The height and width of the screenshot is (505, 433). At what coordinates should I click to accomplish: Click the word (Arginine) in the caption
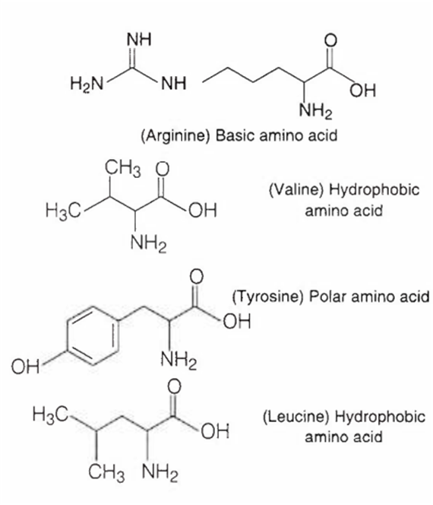tap(175, 135)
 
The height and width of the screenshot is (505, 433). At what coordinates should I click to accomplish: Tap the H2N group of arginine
tap(87, 84)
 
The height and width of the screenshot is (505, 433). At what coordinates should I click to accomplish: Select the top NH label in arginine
tap(139, 40)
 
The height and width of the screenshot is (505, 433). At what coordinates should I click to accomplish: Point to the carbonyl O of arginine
tap(330, 40)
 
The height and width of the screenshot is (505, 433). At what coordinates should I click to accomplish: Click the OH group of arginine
tap(362, 91)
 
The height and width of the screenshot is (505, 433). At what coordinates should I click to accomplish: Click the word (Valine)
tap(296, 189)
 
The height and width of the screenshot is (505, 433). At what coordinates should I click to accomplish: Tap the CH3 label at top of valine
tap(123, 169)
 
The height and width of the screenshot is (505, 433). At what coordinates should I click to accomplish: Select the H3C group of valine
tap(63, 211)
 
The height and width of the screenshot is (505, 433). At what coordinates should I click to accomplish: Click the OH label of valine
tap(203, 211)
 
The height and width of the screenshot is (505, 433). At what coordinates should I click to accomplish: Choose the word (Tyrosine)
tap(267, 297)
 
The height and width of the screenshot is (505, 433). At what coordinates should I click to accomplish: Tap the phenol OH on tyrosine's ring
tap(25, 367)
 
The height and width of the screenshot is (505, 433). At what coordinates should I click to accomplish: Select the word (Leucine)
tap(296, 417)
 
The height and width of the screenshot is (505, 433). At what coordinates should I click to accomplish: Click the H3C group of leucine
tap(49, 414)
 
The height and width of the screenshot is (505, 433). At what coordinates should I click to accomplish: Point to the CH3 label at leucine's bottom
tap(107, 473)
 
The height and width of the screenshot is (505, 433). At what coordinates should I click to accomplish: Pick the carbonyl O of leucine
tap(175, 386)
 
